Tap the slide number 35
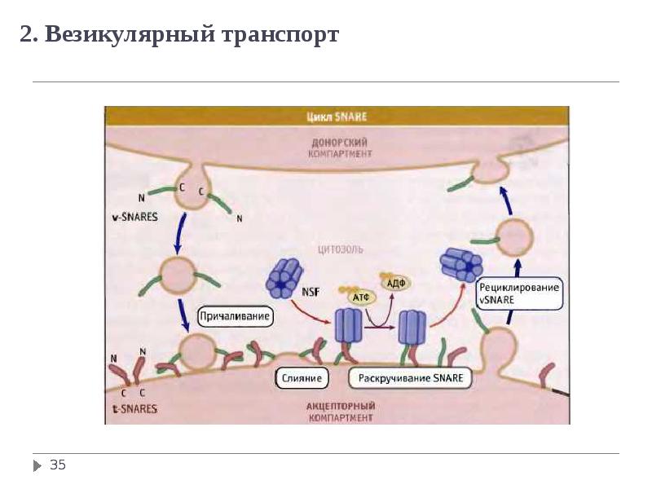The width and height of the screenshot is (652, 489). tap(57, 465)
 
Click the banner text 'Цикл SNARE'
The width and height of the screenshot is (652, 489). tap(336, 117)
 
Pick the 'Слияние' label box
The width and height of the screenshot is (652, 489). tap(302, 378)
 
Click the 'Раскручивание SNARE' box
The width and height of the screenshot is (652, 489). tap(411, 378)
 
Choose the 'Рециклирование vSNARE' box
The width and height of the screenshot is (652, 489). tap(520, 293)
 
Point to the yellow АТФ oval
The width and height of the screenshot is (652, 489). tap(360, 297)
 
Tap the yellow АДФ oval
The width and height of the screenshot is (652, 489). tap(396, 282)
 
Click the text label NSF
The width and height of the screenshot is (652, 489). tap(311, 293)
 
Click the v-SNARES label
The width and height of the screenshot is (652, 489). tap(134, 218)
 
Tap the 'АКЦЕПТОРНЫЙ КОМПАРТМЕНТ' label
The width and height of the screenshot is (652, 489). tap(341, 411)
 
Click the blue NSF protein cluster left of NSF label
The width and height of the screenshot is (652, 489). tap(284, 278)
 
